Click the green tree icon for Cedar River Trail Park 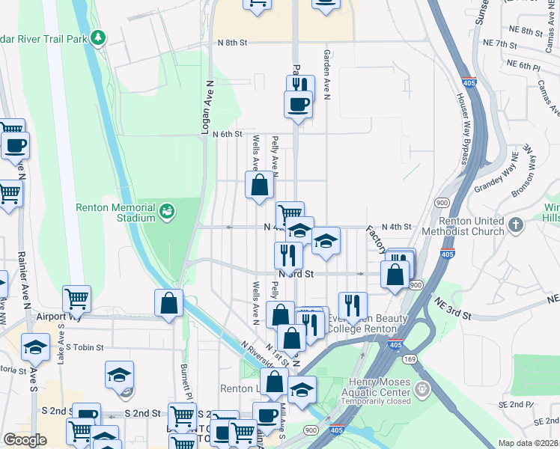[98, 37]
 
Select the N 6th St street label [228, 134]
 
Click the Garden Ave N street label [326, 75]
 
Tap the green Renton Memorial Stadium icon [167, 213]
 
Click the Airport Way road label [55, 317]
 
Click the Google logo [25, 440]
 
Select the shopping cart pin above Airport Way [76, 299]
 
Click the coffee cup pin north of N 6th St [298, 104]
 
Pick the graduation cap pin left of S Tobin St [34, 347]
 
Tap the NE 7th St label [500, 45]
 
